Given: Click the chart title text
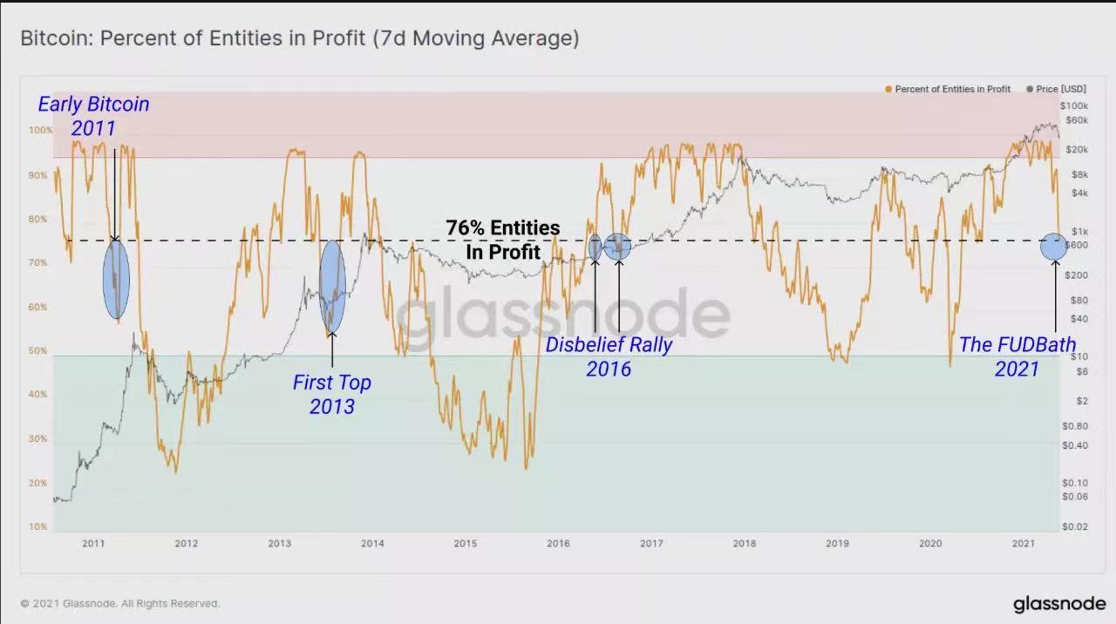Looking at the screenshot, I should (299, 38).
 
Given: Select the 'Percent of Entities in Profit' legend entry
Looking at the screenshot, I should (951, 89).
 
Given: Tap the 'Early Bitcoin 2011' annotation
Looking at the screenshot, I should (93, 116).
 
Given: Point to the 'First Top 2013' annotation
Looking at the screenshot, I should (331, 394).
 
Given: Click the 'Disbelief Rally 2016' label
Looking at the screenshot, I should (609, 356).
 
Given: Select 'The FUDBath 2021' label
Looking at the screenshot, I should (1017, 356).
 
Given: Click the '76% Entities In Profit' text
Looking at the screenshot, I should (503, 239).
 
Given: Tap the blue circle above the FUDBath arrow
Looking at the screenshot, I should (1053, 247).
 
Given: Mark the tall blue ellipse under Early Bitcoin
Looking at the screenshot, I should (116, 279).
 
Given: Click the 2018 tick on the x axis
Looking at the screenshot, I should (744, 544).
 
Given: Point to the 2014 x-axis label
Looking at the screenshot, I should (372, 544).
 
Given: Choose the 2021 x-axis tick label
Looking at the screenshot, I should (1023, 544).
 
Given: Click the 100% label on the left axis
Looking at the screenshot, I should (41, 130).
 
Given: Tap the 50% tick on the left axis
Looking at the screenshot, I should (37, 350).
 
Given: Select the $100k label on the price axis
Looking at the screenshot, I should (1074, 105).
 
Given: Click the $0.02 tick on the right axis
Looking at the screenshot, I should (1074, 526).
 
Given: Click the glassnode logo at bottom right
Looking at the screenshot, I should (1058, 604).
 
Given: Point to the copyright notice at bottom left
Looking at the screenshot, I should (120, 603).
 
